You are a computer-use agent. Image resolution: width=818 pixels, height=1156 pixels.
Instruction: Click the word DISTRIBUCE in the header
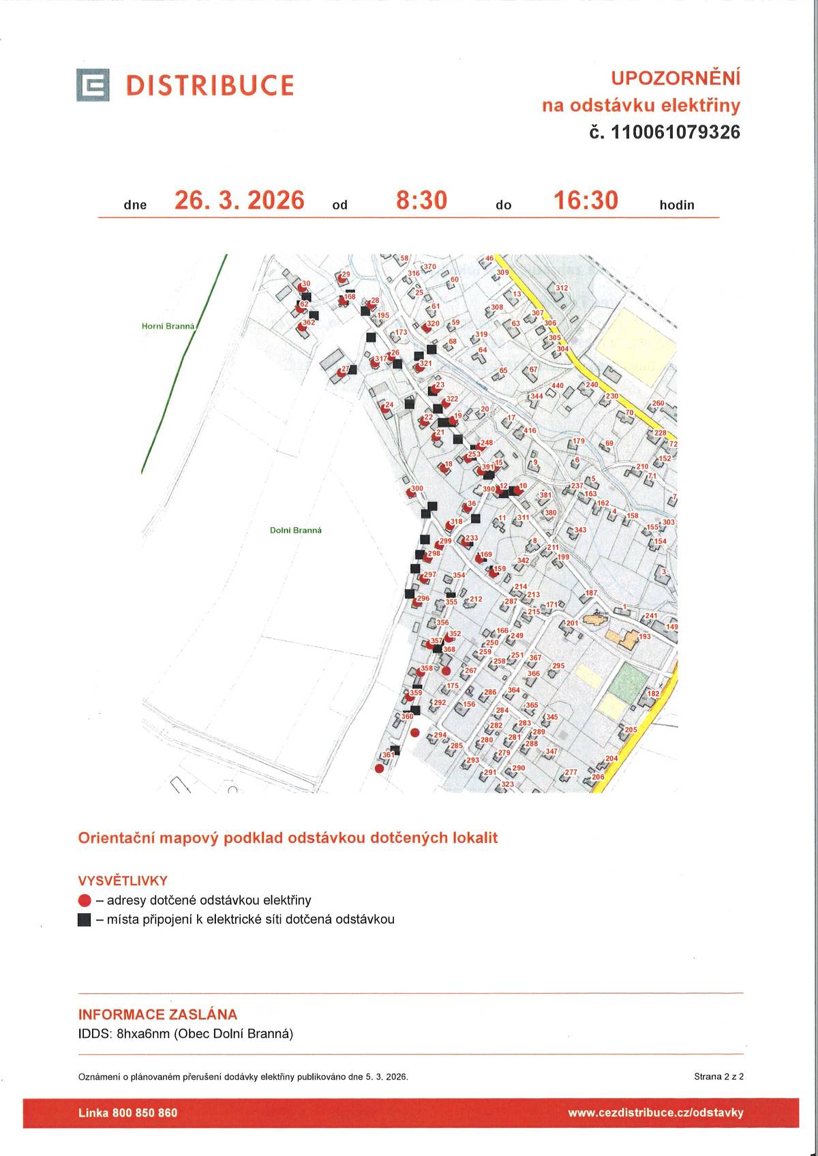pyautogui.click(x=210, y=85)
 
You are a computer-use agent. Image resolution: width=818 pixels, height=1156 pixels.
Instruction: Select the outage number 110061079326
pyautogui.click(x=676, y=132)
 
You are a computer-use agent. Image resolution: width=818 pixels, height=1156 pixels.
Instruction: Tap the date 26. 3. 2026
pyautogui.click(x=239, y=201)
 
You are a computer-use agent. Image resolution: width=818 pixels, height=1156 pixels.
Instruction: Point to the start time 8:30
pyautogui.click(x=421, y=201)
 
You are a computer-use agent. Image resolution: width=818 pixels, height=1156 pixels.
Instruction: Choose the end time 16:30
pyautogui.click(x=586, y=201)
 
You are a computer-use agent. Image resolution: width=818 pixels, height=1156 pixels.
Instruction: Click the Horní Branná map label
pyautogui.click(x=168, y=326)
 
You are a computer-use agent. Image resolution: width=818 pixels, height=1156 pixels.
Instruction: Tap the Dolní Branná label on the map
pyautogui.click(x=296, y=530)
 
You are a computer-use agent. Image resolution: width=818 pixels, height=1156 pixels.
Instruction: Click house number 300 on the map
pyautogui.click(x=416, y=488)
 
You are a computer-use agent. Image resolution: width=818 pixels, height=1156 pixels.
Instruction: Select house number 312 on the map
pyautogui.click(x=561, y=288)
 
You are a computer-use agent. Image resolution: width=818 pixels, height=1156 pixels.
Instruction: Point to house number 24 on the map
pyautogui.click(x=389, y=404)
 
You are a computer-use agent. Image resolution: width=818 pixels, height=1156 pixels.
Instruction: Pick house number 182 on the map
pyautogui.click(x=653, y=694)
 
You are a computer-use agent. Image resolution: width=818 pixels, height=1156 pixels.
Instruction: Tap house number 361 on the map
pyautogui.click(x=388, y=754)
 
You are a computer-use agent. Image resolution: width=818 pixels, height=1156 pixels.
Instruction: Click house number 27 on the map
pyautogui.click(x=345, y=369)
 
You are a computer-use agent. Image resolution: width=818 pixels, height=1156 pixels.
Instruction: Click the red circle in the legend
pyautogui.click(x=85, y=900)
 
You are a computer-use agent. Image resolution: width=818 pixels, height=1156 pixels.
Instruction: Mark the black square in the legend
pyautogui.click(x=85, y=919)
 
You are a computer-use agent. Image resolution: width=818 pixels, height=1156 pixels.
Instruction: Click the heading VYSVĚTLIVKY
pyautogui.click(x=123, y=880)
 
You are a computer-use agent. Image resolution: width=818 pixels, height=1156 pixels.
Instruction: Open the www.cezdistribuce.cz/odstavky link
pyautogui.click(x=655, y=1112)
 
